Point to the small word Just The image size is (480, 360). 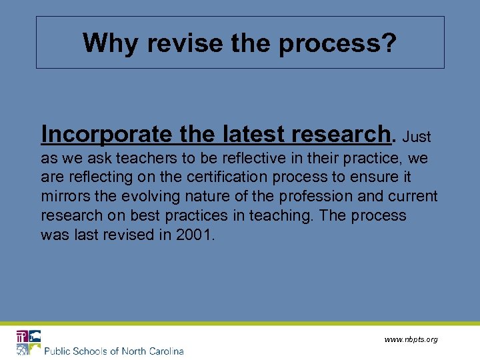point(418,137)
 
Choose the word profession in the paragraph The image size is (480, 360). point(297,197)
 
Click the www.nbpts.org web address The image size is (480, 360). point(411,339)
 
